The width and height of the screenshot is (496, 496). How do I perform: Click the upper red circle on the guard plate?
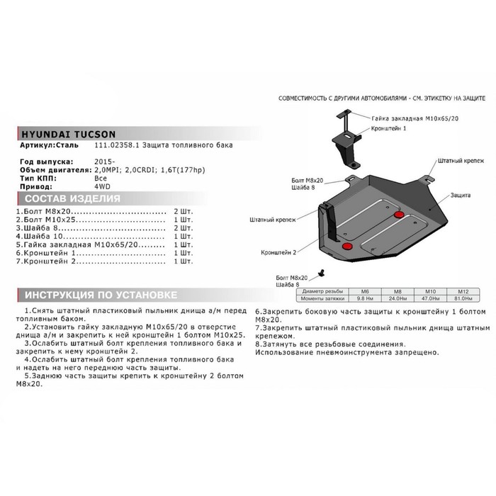click(x=398, y=214)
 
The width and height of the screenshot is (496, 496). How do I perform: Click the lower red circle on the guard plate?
click(x=347, y=245)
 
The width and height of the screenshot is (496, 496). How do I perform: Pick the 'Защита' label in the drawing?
click(x=459, y=192)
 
